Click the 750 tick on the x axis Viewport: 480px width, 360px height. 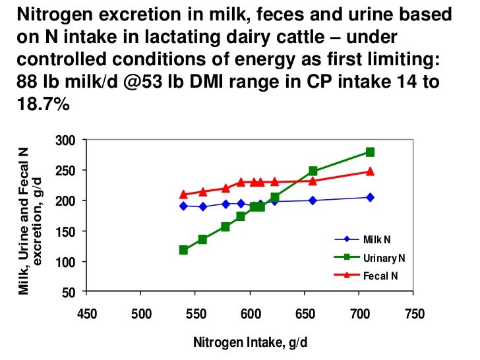click(414, 313)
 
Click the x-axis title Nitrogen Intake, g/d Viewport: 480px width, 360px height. click(251, 343)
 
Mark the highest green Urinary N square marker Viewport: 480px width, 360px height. click(370, 152)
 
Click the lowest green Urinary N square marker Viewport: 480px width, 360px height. click(183, 250)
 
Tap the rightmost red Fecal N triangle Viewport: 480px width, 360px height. click(370, 171)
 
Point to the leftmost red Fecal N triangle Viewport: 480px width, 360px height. click(183, 195)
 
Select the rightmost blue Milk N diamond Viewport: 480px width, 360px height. click(370, 197)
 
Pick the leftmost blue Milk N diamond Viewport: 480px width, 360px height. click(183, 206)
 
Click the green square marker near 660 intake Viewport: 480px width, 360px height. click(313, 171)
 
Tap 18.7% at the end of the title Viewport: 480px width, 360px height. click(38, 104)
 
